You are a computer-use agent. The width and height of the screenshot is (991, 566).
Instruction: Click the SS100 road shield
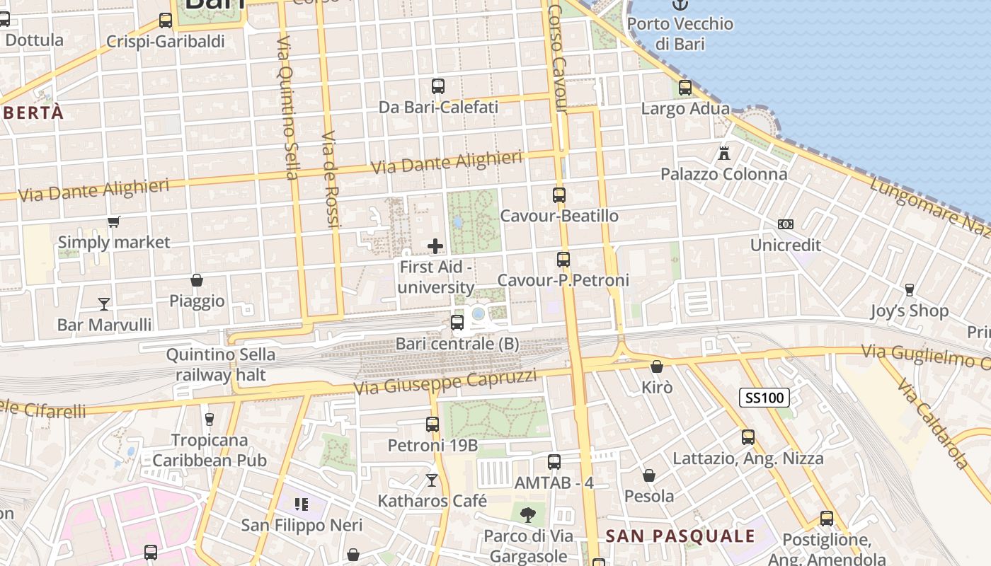click(765, 398)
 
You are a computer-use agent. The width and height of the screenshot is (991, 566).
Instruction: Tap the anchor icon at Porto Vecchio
click(680, 4)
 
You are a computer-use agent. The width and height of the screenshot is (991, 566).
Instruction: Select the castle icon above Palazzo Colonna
click(723, 153)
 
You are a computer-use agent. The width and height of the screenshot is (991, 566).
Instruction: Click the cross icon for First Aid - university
click(435, 246)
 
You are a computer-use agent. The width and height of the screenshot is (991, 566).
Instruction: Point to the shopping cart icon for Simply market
click(113, 222)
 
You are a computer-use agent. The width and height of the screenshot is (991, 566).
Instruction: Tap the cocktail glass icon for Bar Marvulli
click(104, 304)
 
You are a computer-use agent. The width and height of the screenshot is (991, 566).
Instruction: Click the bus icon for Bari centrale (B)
click(457, 323)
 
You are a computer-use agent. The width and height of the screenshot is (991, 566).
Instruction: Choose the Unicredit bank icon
click(785, 224)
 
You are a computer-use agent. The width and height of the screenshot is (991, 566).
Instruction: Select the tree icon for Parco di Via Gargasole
click(527, 514)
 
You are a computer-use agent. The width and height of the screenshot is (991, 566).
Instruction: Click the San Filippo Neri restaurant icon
click(302, 504)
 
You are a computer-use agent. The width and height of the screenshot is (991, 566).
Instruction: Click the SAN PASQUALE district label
click(681, 536)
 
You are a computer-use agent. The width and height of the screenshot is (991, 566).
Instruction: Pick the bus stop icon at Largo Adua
click(684, 88)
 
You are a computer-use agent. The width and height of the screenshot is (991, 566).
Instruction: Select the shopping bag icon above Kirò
click(657, 366)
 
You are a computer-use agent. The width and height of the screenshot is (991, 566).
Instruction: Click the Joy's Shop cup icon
click(910, 289)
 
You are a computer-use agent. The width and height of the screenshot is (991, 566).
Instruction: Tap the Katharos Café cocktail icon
click(432, 480)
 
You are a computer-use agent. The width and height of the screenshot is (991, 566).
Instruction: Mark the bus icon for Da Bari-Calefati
click(438, 86)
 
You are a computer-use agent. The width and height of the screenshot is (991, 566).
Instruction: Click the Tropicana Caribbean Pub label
click(210, 450)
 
